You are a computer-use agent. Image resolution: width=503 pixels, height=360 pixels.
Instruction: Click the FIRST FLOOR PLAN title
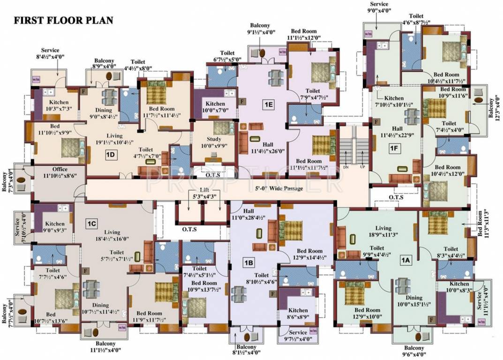click(x=63, y=21)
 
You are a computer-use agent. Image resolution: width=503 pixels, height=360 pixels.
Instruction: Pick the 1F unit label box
click(x=394, y=149)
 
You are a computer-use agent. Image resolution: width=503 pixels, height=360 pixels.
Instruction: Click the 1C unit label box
click(x=90, y=224)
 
